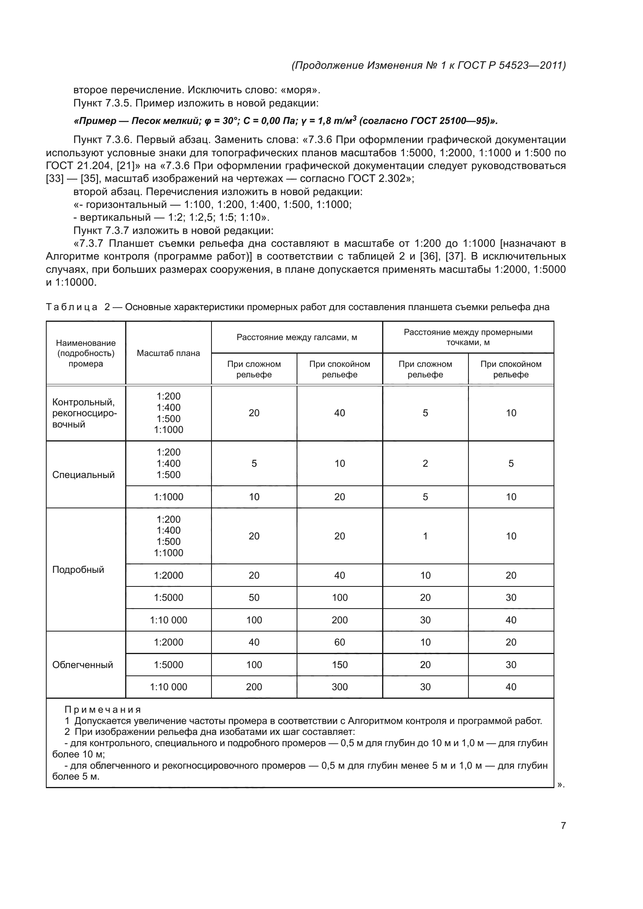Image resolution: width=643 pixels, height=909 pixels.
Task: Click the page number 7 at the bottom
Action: click(x=563, y=825)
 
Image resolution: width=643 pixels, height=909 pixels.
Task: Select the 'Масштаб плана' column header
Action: click(x=168, y=353)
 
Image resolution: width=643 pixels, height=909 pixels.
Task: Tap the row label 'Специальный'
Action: click(x=83, y=475)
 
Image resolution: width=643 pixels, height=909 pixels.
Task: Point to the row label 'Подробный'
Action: click(x=78, y=570)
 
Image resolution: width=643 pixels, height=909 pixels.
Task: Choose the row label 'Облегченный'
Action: click(x=82, y=665)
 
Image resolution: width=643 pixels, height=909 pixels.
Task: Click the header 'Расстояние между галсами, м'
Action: click(x=297, y=337)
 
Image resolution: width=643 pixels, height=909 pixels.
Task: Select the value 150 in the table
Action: click(x=339, y=665)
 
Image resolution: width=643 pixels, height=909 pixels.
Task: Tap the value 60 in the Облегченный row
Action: click(x=339, y=642)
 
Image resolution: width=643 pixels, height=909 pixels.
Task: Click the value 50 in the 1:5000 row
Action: click(x=254, y=597)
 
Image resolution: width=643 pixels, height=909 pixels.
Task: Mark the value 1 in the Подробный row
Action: click(x=425, y=536)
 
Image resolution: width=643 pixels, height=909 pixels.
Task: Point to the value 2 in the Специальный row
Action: click(x=425, y=464)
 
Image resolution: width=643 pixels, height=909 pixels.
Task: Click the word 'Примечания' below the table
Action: click(x=103, y=710)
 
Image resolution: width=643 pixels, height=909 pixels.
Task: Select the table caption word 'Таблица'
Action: click(x=72, y=307)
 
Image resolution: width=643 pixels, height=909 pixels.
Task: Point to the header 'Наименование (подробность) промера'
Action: click(x=86, y=353)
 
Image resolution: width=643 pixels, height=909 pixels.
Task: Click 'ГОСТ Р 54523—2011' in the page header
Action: click(x=511, y=65)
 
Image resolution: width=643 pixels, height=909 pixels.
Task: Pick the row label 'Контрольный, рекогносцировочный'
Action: click(x=84, y=413)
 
